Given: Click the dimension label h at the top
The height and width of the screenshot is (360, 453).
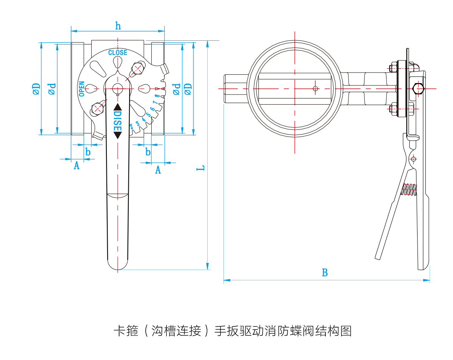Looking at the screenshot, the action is pos(118,26).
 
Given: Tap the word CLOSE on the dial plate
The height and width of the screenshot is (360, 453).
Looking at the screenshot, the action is pos(118,53).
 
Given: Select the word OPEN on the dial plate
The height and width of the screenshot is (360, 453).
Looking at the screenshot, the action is pos(82,89).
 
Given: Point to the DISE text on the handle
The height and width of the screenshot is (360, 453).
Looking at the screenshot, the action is pos(118,121).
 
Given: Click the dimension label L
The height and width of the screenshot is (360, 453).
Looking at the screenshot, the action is pos(200,168).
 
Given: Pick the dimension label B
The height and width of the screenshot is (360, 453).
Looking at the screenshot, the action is pos(325,272).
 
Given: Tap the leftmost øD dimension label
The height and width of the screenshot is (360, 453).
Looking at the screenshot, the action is pos(36,89).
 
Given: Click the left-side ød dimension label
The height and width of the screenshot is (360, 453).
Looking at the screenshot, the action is pos(52,89).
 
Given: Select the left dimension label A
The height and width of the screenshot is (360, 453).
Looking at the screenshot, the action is pos(77,165).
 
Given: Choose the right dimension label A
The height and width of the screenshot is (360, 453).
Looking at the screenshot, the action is pos(158,170).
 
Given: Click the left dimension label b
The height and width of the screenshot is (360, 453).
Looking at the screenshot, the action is pos(88,152).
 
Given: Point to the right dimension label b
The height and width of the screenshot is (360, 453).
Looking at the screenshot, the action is pos(148,152).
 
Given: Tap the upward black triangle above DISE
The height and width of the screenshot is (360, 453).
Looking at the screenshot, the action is pos(118,107).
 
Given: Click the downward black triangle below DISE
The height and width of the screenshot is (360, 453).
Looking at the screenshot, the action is pos(118,135).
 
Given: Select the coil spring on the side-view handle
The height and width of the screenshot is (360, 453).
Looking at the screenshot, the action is pos(409,190).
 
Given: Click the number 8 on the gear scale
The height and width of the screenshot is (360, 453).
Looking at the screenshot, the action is pos(157,96).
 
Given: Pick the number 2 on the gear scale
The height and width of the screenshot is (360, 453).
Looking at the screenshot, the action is pos(131,127).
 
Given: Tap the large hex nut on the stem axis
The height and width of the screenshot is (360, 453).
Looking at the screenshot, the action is pos(418,89).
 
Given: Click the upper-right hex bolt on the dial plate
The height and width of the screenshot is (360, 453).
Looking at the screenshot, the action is pos(138,68).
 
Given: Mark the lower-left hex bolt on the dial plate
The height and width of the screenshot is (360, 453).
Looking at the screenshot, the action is pos(98,109).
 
